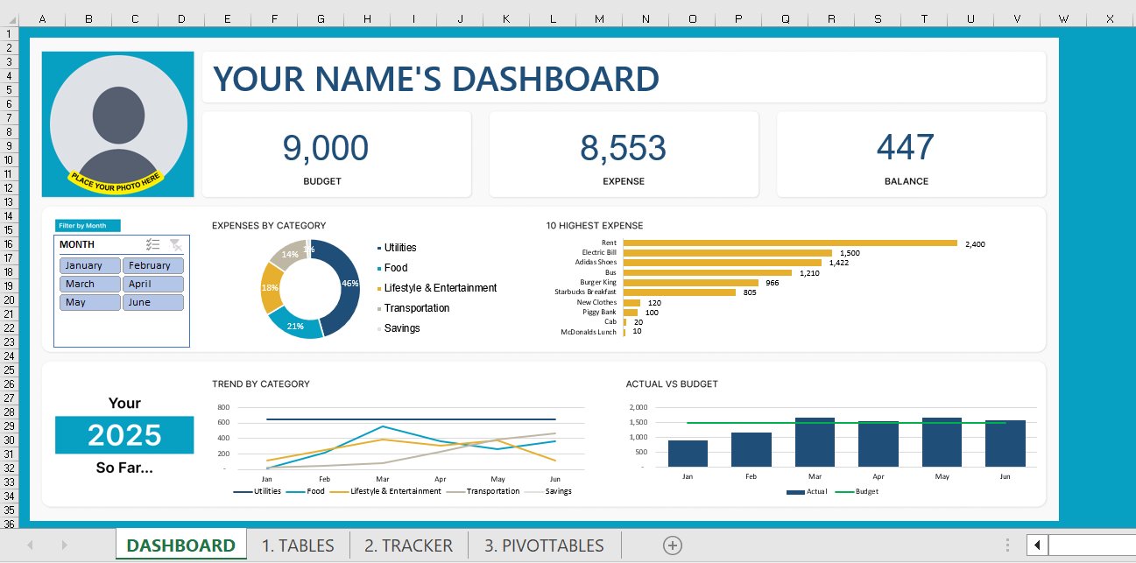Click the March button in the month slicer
(x=90, y=284)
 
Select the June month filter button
(x=153, y=302)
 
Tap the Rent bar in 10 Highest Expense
(x=789, y=243)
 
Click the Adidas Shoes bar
(x=722, y=262)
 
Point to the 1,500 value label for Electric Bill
(x=849, y=253)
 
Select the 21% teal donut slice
(x=295, y=325)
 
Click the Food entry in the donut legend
(x=395, y=268)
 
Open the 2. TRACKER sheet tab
(x=408, y=545)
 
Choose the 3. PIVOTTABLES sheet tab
(x=544, y=545)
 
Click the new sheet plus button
(x=673, y=545)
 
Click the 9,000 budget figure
(x=325, y=149)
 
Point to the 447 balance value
(x=906, y=148)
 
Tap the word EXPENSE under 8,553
(x=624, y=181)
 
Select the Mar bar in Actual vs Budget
(x=815, y=442)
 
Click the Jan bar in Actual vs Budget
(x=688, y=454)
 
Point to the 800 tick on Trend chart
(x=222, y=408)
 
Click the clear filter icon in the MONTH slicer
(x=176, y=245)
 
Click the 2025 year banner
(x=124, y=435)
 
